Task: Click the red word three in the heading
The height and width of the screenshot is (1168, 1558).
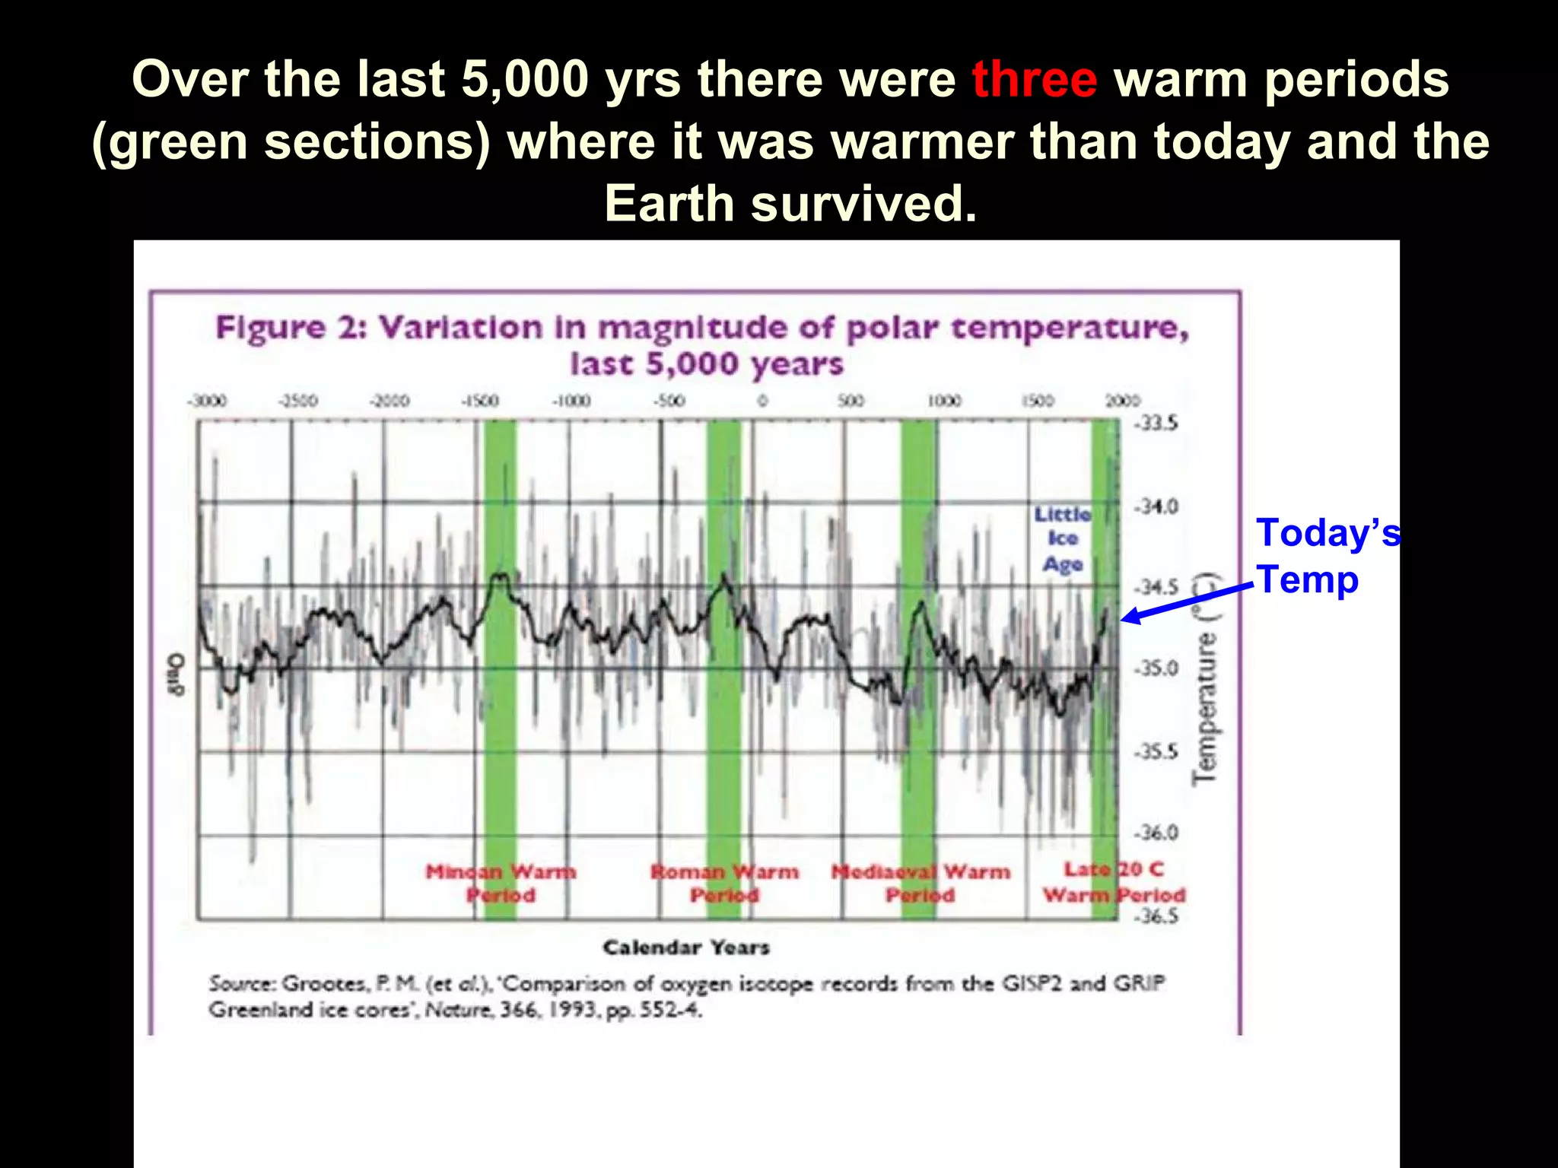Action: click(x=1034, y=79)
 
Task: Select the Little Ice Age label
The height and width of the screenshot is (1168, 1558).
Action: click(x=1062, y=539)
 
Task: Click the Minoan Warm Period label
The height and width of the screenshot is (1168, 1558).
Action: click(x=501, y=883)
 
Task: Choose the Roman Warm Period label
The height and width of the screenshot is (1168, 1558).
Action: click(x=724, y=883)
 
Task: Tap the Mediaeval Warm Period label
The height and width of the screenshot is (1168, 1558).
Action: click(x=920, y=883)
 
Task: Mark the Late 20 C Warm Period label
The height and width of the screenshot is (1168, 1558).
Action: click(x=1114, y=882)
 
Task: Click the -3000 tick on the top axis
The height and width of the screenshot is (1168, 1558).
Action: click(x=207, y=401)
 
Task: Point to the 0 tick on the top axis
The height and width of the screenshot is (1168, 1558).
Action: click(x=762, y=401)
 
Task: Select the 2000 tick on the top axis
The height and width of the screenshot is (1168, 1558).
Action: click(x=1123, y=401)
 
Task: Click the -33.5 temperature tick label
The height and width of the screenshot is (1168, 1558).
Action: click(x=1156, y=424)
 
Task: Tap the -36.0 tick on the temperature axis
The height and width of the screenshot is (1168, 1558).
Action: click(x=1156, y=833)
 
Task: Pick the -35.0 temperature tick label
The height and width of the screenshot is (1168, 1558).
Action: click(x=1156, y=668)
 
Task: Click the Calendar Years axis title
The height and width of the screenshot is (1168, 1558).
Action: click(x=686, y=947)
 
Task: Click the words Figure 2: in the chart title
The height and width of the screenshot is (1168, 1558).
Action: click(x=292, y=328)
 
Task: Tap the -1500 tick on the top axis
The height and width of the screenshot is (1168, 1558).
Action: click(x=480, y=401)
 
